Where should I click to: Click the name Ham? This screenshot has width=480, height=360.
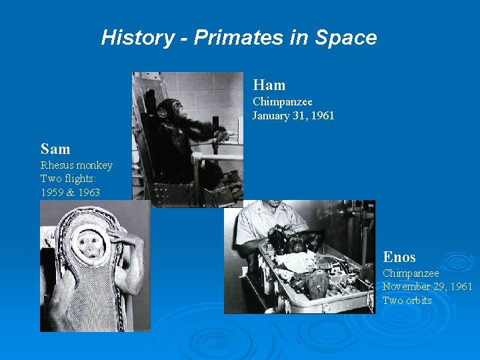coord(269,85)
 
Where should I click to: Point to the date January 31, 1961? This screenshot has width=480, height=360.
coord(293,116)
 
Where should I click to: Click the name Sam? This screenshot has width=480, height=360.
coord(55,149)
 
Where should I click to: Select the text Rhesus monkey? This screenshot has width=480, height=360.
coord(76,165)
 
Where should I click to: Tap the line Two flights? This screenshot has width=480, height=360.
coord(69,179)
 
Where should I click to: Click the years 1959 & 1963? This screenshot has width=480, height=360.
coord(70,192)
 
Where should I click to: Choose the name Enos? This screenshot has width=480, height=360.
coord(399,257)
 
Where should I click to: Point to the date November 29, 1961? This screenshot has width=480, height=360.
coord(427,287)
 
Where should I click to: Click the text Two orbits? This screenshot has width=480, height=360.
coord(407,300)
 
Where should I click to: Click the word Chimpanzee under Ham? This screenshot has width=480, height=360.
coord(282,102)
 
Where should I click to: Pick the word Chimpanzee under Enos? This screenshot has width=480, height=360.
coord(411,273)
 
